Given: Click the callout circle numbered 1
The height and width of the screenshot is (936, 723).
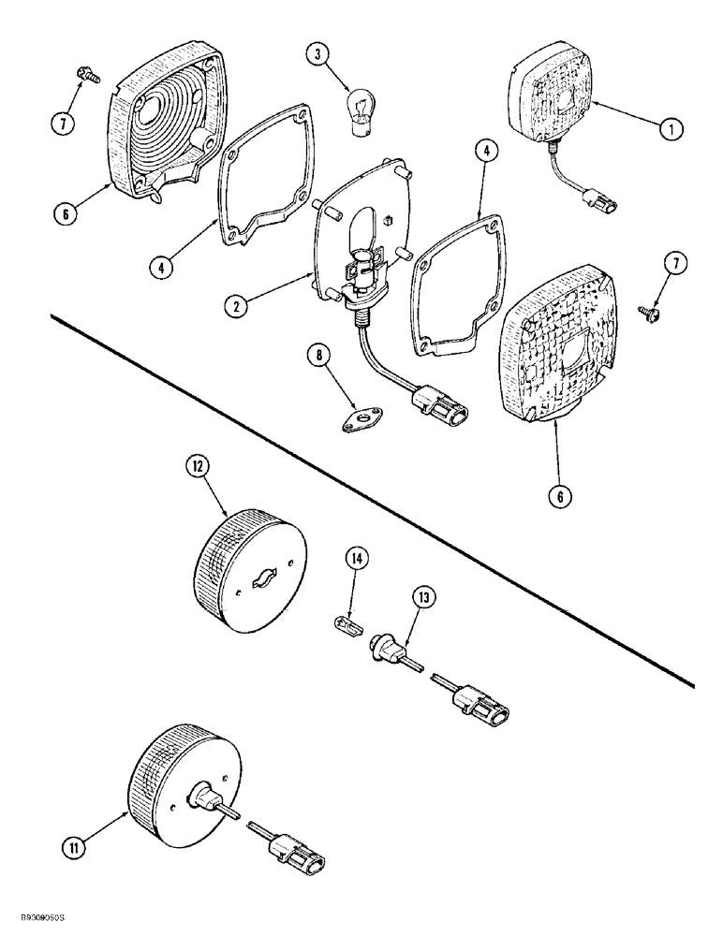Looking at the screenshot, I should [669, 131].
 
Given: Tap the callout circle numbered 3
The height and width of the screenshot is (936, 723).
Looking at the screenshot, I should [321, 56].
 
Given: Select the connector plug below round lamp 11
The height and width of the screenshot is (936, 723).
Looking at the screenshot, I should [292, 855].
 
